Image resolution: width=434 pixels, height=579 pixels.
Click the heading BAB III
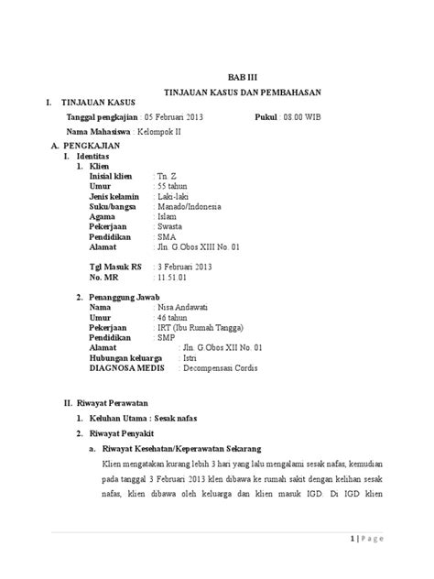(237, 80)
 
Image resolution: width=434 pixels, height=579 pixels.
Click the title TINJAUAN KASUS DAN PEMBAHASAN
(237, 94)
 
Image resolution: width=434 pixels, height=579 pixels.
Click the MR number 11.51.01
(173, 276)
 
